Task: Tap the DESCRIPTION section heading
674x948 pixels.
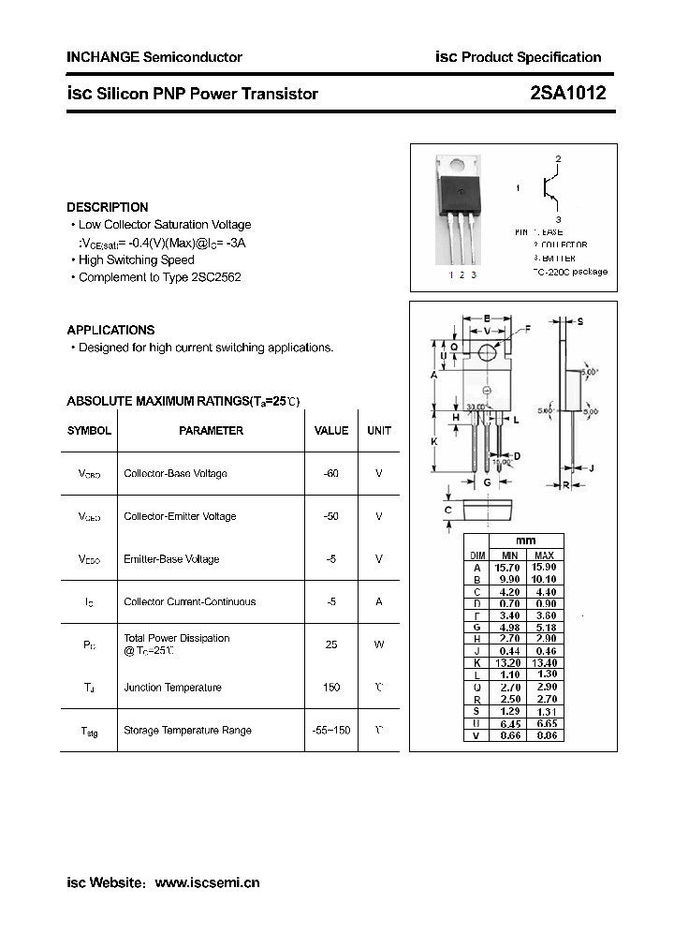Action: pyautogui.click(x=107, y=207)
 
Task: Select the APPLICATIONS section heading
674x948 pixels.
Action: pyautogui.click(x=110, y=330)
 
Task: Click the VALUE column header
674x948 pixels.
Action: pyautogui.click(x=330, y=431)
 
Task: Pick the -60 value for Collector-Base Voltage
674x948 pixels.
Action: pyautogui.click(x=330, y=474)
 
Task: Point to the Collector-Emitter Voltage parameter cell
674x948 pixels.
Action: pyautogui.click(x=180, y=516)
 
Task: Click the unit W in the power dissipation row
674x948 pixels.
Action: pyautogui.click(x=378, y=644)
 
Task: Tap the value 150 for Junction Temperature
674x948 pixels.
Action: pyautogui.click(x=330, y=688)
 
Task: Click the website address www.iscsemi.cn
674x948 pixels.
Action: pyautogui.click(x=206, y=882)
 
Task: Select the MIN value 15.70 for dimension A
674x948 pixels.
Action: pyautogui.click(x=507, y=568)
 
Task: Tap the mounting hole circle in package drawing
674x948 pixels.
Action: pyautogui.click(x=487, y=352)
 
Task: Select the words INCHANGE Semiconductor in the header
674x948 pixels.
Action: pyautogui.click(x=154, y=57)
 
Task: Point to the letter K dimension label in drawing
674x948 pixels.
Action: pyautogui.click(x=434, y=440)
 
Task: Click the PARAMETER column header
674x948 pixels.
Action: pyautogui.click(x=211, y=431)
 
